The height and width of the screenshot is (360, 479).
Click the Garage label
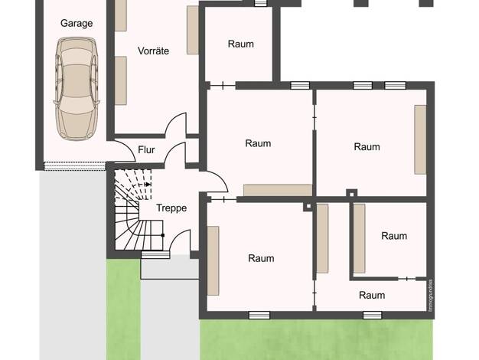[x=77, y=23]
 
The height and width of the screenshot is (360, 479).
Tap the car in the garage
[x=77, y=88]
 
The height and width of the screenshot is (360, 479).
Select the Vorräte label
[x=153, y=51]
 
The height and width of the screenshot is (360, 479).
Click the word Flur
[x=146, y=150]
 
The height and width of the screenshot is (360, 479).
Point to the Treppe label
[x=171, y=208]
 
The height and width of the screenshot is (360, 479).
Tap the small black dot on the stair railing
[x=163, y=235]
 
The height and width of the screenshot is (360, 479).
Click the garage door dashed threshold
[x=75, y=166]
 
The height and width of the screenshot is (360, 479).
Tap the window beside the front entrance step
[x=155, y=254]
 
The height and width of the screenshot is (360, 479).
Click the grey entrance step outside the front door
[x=170, y=267]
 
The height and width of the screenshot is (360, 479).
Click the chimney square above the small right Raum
[x=352, y=194]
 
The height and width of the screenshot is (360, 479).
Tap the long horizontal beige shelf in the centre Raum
[x=278, y=190]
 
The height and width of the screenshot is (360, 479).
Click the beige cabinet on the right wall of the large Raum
[x=420, y=139]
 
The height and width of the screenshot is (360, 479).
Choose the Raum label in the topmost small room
[x=241, y=44]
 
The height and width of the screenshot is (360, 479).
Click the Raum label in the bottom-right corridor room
[x=372, y=295]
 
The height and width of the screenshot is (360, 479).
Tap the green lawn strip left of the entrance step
[x=123, y=309]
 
